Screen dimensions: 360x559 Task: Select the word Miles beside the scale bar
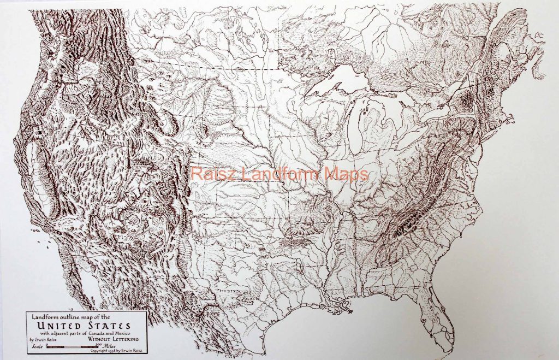pyautogui.click(x=112, y=346)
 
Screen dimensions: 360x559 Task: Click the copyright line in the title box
pyautogui.click(x=116, y=351)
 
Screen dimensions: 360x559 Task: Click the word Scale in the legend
pyautogui.click(x=37, y=346)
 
